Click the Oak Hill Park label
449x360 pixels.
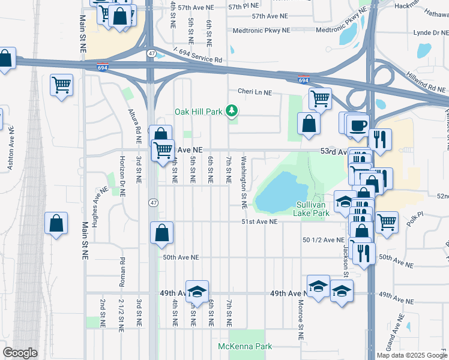tap(197, 112)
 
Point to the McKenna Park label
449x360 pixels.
tap(245, 346)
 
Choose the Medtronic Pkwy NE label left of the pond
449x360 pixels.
tap(261, 29)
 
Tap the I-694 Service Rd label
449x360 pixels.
tap(197, 56)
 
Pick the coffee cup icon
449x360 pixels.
tap(358, 125)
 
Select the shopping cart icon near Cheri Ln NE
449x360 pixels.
tap(321, 98)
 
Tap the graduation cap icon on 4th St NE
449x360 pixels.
tap(197, 292)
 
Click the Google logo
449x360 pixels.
tap(20, 353)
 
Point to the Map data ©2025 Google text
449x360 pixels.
tap(411, 355)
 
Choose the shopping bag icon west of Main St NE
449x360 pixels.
tap(56, 224)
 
